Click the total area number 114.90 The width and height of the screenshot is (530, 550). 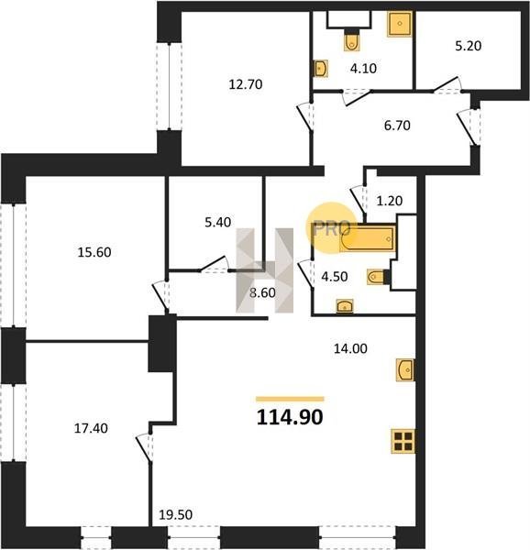coord(290,417)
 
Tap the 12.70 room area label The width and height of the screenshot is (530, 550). coord(246,84)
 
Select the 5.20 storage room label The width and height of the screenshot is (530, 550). coord(469,46)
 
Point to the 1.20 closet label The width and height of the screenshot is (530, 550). coord(390,201)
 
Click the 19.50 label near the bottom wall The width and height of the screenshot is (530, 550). coord(176,515)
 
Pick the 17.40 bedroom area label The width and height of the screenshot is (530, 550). coord(91,428)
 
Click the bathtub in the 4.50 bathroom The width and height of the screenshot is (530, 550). coord(368,239)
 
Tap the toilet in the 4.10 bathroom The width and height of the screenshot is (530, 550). coord(351,41)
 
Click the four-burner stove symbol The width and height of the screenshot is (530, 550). coord(403,441)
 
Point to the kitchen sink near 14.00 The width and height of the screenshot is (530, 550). coord(405,369)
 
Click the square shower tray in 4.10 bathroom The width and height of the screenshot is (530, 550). coord(400,24)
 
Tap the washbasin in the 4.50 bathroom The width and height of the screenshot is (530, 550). coord(345,306)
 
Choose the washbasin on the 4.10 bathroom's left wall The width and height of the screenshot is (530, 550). coord(321,69)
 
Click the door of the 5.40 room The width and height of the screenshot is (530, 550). coord(214,263)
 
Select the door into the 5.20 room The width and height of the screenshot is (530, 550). coord(447,84)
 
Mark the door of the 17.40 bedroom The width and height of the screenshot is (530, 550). coord(144,448)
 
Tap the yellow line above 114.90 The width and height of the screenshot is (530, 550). coord(290,399)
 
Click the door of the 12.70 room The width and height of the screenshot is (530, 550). coord(304,117)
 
